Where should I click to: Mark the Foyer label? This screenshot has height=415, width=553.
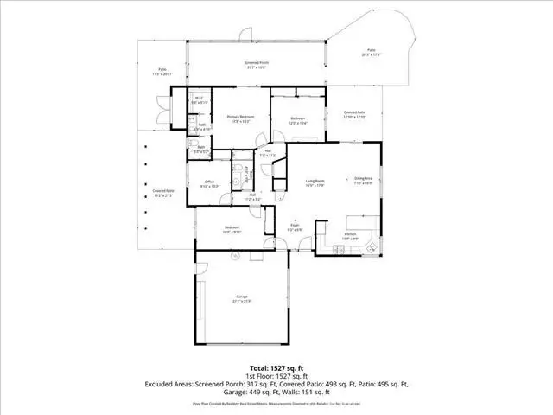pyautogui.click(x=294, y=225)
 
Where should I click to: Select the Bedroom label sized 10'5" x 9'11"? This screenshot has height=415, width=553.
pyautogui.click(x=232, y=229)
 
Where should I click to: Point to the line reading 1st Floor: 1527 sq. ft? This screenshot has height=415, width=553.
pyautogui.click(x=276, y=377)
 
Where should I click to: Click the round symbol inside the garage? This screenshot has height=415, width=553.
pyautogui.click(x=232, y=257)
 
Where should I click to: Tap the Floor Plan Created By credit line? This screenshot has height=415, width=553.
pyautogui.click(x=276, y=404)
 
